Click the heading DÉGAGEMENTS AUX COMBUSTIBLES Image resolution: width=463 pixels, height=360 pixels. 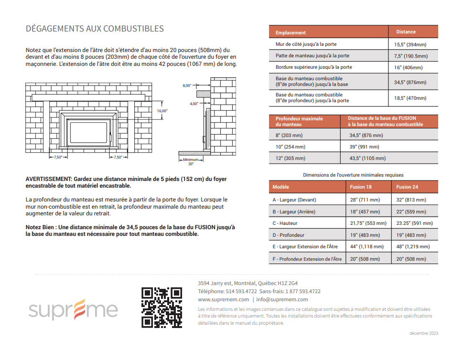click(x=95, y=29)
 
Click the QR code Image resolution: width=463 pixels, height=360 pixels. click(x=162, y=307)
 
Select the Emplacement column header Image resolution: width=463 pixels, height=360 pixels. click(x=291, y=32)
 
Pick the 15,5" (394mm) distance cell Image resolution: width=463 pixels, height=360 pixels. click(x=410, y=44)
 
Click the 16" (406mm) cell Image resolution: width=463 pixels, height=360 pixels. click(x=408, y=68)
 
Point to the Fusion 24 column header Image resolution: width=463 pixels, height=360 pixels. click(x=407, y=187)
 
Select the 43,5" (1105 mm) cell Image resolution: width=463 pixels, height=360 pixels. click(x=367, y=159)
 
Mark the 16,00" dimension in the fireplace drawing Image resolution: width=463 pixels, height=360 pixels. click(x=162, y=111)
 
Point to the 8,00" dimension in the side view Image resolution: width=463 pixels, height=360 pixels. click(x=187, y=85)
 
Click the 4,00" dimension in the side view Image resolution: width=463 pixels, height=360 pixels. click(x=194, y=104)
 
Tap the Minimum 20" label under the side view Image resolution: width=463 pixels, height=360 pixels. click(x=191, y=161)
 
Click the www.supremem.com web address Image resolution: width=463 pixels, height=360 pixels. click(x=223, y=300)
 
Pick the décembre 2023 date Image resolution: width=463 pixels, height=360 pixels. click(x=423, y=333)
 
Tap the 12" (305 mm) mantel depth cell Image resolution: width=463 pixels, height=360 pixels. click(x=290, y=159)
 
